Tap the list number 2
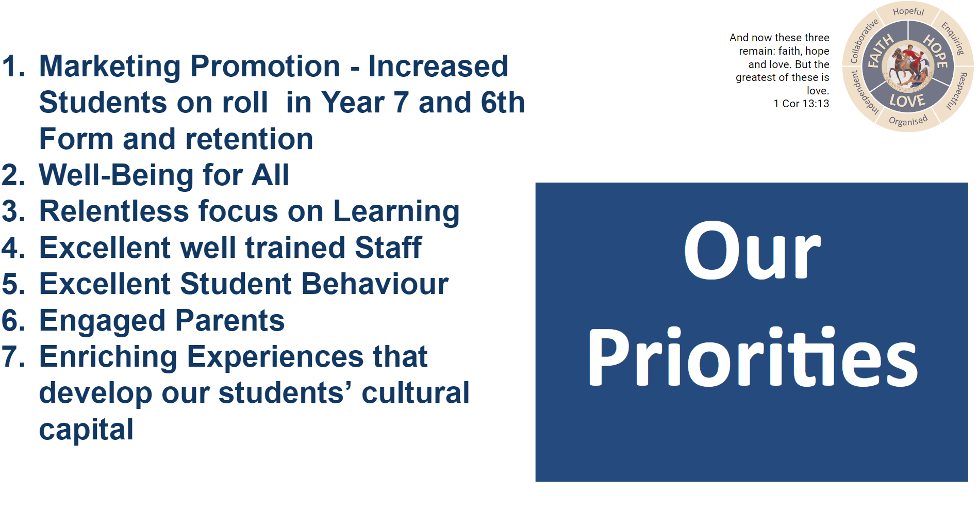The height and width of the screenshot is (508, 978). coord(13,175)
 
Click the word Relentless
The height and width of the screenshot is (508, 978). coord(114,211)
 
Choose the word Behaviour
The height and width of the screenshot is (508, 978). coord(375,284)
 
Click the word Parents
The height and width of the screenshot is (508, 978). coord(230,320)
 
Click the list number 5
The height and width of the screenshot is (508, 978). coord(13,284)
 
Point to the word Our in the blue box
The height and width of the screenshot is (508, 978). coord(752,251)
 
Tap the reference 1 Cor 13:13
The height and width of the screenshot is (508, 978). coord(801,104)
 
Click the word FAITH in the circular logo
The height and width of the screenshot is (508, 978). coord(880,51)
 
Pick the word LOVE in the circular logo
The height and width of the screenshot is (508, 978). coord(907,101)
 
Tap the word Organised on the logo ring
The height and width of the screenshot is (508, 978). coord(908,121)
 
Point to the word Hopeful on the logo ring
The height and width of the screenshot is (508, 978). coord(908,11)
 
